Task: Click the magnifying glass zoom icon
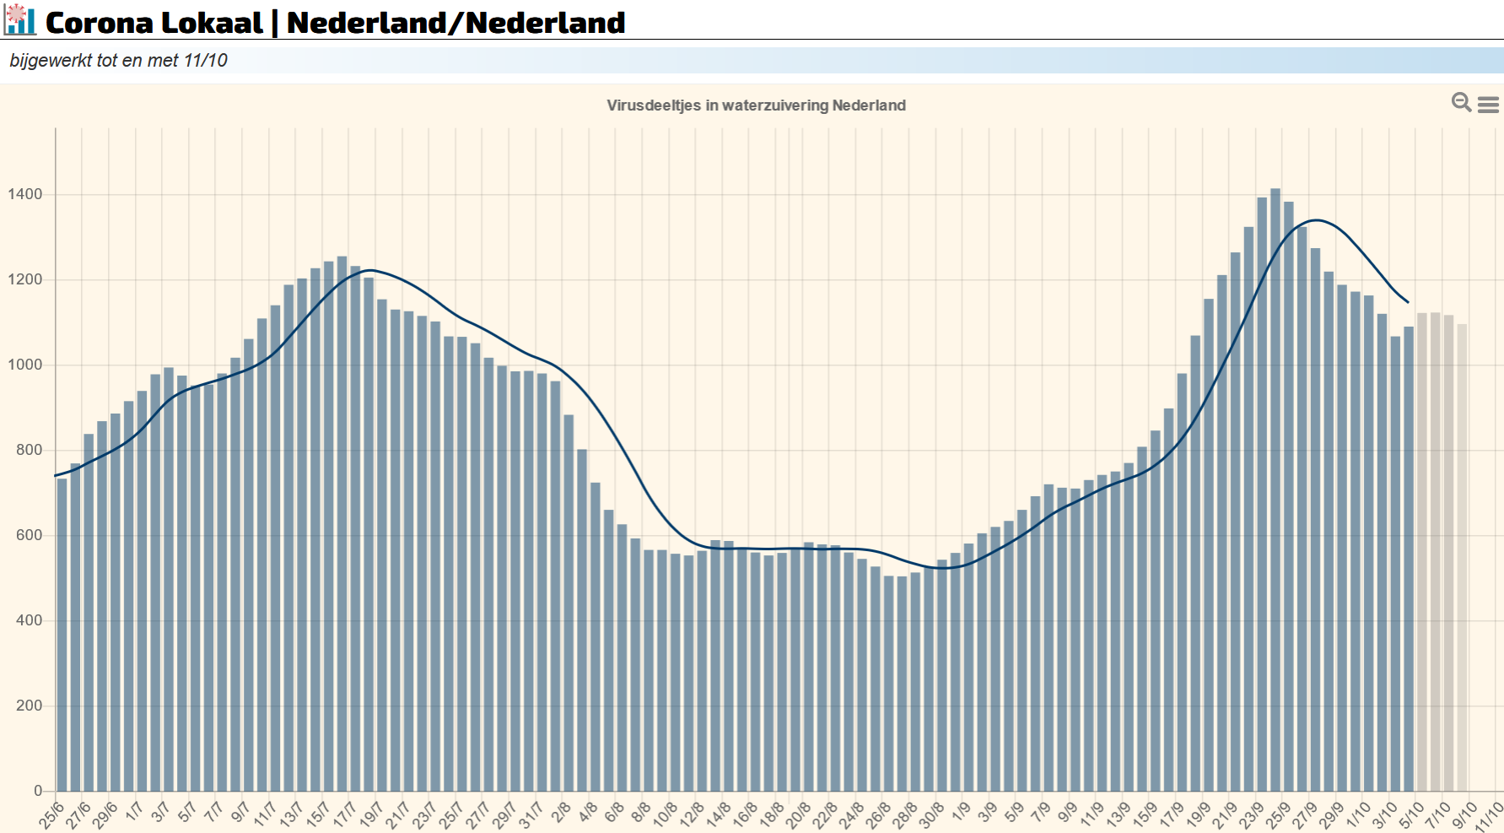[x=1460, y=102]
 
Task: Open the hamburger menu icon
[x=1488, y=105]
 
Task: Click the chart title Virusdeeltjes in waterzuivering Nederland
[x=756, y=105]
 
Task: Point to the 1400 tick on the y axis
[x=25, y=194]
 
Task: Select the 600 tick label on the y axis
[x=29, y=535]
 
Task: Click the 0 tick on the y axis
[x=38, y=791]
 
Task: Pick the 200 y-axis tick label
[x=29, y=706]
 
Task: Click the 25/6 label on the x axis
[x=51, y=815]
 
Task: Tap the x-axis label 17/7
[x=344, y=815]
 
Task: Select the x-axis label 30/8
[x=931, y=815]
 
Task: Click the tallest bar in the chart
[x=1275, y=490]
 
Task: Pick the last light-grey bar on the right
[x=1462, y=557]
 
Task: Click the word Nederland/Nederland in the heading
[x=456, y=23]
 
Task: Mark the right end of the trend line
[x=1408, y=302]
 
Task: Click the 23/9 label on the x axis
[x=1251, y=815]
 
